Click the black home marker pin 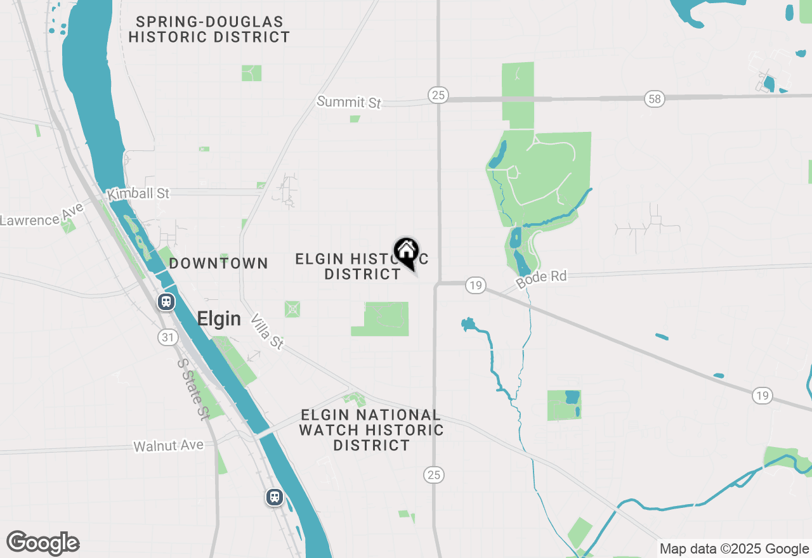406,252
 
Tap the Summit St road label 349,101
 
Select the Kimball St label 138,193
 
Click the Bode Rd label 540,278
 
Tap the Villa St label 267,331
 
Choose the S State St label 193,389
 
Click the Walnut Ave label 168,446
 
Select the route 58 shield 655,98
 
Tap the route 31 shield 167,337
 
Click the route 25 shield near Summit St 437,95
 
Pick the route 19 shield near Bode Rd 475,285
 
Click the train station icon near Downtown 166,302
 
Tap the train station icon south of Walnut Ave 274,496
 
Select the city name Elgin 219,318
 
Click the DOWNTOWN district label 218,263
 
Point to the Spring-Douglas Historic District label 209,29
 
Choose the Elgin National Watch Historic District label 371,430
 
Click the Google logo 43,543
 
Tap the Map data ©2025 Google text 733,549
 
